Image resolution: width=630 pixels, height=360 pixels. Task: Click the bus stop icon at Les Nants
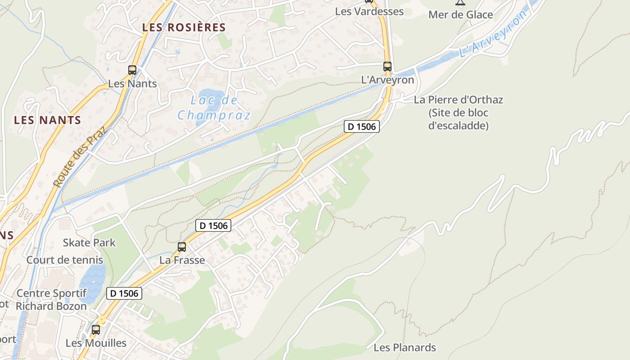(132, 70)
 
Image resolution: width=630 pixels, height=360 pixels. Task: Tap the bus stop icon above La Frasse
(182, 247)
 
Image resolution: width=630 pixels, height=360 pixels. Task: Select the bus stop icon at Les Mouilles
(96, 329)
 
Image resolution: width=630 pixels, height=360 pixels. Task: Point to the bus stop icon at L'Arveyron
(387, 67)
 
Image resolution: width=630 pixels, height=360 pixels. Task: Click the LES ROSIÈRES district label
(184, 27)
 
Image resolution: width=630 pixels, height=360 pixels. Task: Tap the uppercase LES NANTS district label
(47, 120)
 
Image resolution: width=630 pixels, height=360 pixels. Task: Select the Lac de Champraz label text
(214, 108)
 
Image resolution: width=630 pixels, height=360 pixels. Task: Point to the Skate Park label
(89, 243)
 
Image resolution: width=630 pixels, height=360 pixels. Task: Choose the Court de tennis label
(65, 260)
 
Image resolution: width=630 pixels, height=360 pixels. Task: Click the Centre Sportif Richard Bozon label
(51, 300)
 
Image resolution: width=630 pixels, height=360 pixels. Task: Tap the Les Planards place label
(405, 347)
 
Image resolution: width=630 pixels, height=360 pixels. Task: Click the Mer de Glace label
(460, 15)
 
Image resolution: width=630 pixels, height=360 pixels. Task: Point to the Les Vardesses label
(369, 12)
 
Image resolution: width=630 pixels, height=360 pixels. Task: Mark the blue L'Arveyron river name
(493, 35)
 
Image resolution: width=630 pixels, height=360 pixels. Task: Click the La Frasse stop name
(182, 260)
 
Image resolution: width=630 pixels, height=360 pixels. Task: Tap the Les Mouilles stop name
(96, 343)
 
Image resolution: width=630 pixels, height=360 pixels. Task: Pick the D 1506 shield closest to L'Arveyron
(362, 126)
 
